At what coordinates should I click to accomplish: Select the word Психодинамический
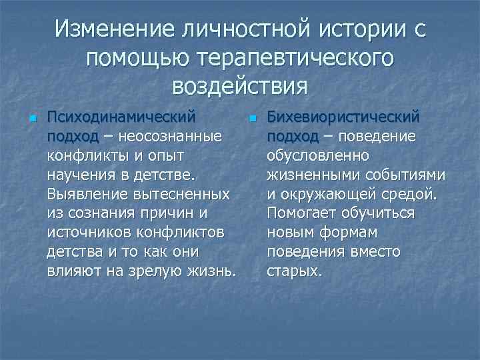(121, 117)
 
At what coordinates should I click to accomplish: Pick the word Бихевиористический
(343, 117)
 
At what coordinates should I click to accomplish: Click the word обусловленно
(317, 156)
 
